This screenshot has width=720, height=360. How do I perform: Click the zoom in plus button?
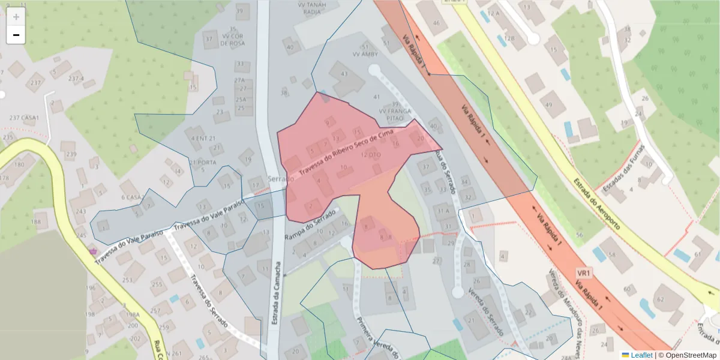(16, 17)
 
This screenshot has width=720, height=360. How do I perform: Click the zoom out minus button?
(16, 35)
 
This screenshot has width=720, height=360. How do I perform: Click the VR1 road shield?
(584, 273)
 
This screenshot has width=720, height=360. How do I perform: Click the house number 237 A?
(76, 79)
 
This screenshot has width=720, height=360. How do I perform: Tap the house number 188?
(37, 222)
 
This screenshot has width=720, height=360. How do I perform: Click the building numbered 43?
(344, 74)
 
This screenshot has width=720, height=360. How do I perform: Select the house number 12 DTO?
(371, 155)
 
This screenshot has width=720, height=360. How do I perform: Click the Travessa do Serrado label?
(209, 300)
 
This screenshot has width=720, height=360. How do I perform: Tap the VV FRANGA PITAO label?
(395, 115)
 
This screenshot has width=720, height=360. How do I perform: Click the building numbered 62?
(661, 299)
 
